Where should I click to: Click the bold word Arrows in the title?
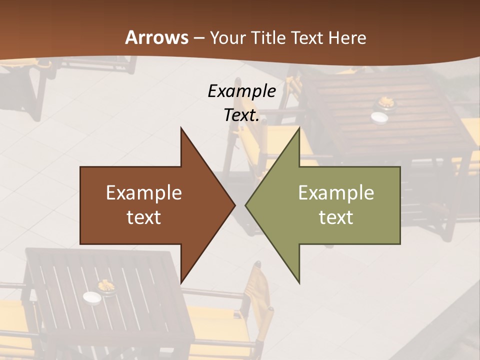pos(156,37)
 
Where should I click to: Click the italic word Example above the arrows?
pos(241,91)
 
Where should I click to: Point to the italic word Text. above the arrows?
pos(241,115)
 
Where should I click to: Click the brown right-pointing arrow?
pos(150,205)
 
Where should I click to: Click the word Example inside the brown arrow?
pos(144,193)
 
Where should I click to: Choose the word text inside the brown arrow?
pos(144,217)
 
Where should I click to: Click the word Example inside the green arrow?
pos(336,193)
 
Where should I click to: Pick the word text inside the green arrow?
pos(336,217)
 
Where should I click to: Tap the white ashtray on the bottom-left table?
pos(92,298)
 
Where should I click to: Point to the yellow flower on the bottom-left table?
pos(106,286)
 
